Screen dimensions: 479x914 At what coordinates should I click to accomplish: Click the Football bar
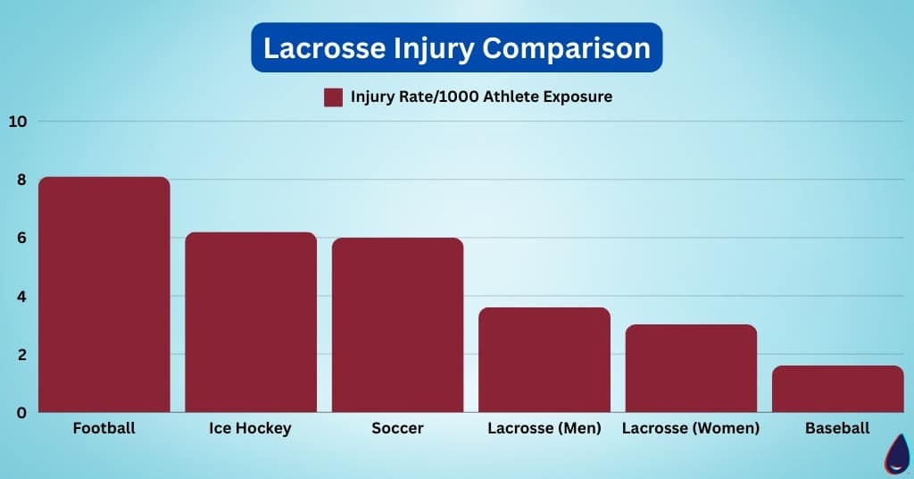pyautogui.click(x=104, y=295)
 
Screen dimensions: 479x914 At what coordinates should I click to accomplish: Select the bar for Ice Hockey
pyautogui.click(x=251, y=322)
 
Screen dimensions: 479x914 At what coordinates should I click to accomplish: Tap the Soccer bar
pyautogui.click(x=397, y=325)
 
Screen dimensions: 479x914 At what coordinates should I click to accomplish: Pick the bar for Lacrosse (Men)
pyautogui.click(x=544, y=360)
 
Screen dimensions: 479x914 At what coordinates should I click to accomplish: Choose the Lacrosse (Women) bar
pyautogui.click(x=691, y=368)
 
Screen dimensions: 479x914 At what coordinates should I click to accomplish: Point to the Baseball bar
pyautogui.click(x=837, y=389)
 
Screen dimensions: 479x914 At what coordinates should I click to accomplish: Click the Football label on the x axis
pyautogui.click(x=104, y=428)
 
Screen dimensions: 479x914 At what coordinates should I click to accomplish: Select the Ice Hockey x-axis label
pyautogui.click(x=250, y=428)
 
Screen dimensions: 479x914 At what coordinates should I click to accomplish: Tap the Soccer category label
pyautogui.click(x=397, y=428)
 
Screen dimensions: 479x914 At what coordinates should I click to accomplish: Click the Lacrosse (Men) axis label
pyautogui.click(x=544, y=428)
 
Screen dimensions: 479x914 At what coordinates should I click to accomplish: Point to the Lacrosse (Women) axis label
pyautogui.click(x=691, y=428)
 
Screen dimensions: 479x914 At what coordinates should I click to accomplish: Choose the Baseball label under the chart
pyautogui.click(x=837, y=428)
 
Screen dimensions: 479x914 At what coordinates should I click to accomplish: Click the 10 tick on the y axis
pyautogui.click(x=18, y=122)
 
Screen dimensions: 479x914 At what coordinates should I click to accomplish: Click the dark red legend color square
pyautogui.click(x=333, y=97)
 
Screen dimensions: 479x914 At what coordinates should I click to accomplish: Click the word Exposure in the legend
pyautogui.click(x=577, y=97)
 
